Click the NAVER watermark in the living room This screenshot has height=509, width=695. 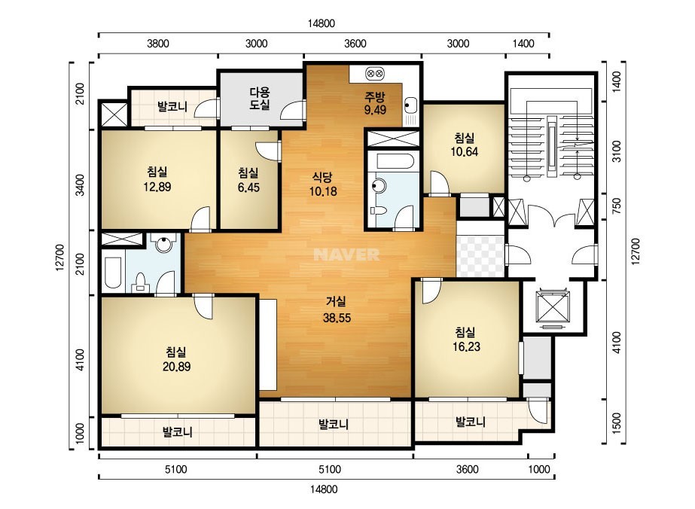pyautogui.click(x=346, y=254)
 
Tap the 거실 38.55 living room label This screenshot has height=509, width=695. pyautogui.click(x=337, y=309)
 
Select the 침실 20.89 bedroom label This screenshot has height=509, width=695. pyautogui.click(x=176, y=359)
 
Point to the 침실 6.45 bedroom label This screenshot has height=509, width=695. pyautogui.click(x=248, y=180)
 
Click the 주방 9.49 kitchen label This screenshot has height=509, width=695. pyautogui.click(x=375, y=103)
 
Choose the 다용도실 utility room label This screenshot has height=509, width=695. pyautogui.click(x=259, y=99)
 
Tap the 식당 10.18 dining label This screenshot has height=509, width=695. pyautogui.click(x=323, y=184)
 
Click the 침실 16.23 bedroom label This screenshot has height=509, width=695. pyautogui.click(x=466, y=339)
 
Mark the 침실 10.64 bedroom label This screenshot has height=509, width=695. pyautogui.click(x=464, y=145)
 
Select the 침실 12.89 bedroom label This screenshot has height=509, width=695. pyautogui.click(x=157, y=179)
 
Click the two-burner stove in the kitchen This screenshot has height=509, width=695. pyautogui.click(x=375, y=73)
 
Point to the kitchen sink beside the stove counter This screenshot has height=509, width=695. pyautogui.click(x=410, y=105)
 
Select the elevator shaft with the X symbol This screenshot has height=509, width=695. pyautogui.click(x=552, y=306)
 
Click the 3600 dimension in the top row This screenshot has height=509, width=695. pyautogui.click(x=355, y=44)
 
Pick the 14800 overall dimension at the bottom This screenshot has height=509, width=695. pyautogui.click(x=324, y=489)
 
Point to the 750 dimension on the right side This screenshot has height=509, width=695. pyautogui.click(x=617, y=204)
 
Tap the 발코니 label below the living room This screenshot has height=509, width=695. pyautogui.click(x=334, y=425)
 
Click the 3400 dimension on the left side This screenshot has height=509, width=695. pyautogui.click(x=80, y=185)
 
